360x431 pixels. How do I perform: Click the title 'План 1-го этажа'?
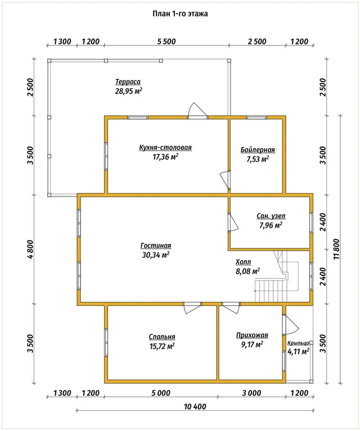(180, 13)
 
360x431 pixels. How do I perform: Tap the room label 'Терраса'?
(128, 82)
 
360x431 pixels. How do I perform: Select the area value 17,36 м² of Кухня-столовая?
(165, 157)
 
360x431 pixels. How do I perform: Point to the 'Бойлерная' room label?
(258, 150)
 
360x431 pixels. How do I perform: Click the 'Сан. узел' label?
(271, 216)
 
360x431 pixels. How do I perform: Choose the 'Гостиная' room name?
(156, 246)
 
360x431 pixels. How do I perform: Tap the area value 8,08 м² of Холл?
(247, 271)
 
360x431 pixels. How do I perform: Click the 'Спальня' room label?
(162, 337)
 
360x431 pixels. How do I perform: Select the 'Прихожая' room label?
(252, 335)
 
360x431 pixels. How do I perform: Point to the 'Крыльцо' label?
(298, 343)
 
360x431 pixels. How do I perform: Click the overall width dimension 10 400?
(195, 406)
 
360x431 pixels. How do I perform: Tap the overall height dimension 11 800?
(336, 249)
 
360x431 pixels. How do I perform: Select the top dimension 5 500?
(166, 42)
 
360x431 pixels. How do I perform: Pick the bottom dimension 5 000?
(161, 393)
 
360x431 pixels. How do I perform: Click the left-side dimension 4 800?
(30, 249)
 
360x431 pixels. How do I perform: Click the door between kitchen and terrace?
(197, 111)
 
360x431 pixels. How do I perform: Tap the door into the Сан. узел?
(233, 223)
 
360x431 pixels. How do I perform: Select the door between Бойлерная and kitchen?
(225, 180)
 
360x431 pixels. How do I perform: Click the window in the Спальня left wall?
(106, 343)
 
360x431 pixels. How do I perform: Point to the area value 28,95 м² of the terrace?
(129, 91)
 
